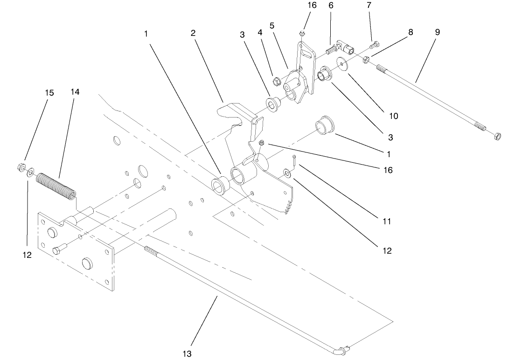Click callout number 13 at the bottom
187,353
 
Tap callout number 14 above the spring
75,92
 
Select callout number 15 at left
49,93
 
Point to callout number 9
437,32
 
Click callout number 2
193,33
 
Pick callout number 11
386,222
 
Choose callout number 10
393,116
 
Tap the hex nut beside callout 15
21,166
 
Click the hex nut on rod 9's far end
497,137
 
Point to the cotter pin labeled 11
295,159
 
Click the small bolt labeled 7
372,46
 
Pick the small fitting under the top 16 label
302,33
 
